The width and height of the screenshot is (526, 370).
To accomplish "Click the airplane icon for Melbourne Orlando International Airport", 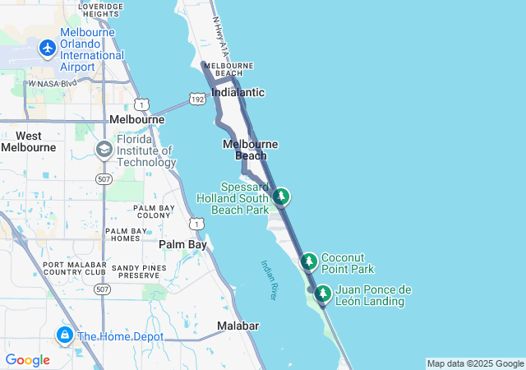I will pos(47,48).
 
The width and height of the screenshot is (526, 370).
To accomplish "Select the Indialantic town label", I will pos(238,92).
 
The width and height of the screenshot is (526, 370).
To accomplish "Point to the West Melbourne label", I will pos(28,141).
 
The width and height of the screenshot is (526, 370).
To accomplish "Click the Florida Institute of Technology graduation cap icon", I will pos(104,150).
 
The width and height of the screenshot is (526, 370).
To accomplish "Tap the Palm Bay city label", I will pos(182,245).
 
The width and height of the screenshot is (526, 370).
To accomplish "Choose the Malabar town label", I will pos(238,326).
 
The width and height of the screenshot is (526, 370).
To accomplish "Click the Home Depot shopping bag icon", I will pos(64,335).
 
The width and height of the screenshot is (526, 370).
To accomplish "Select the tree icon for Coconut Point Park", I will pos(309,261).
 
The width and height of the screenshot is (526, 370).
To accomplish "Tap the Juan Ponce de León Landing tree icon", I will pos(323,294).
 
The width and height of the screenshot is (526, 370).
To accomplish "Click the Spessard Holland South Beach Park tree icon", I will pos(282,197).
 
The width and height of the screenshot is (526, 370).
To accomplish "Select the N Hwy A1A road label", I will pos(218,36).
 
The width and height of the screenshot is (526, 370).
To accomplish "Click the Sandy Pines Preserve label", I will pos(138,272).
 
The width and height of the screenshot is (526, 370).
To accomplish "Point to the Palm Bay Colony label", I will pos(152,211).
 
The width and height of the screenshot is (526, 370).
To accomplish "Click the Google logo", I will pos(27,359).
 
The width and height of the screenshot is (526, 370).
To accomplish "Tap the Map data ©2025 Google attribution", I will pos(474,363).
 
